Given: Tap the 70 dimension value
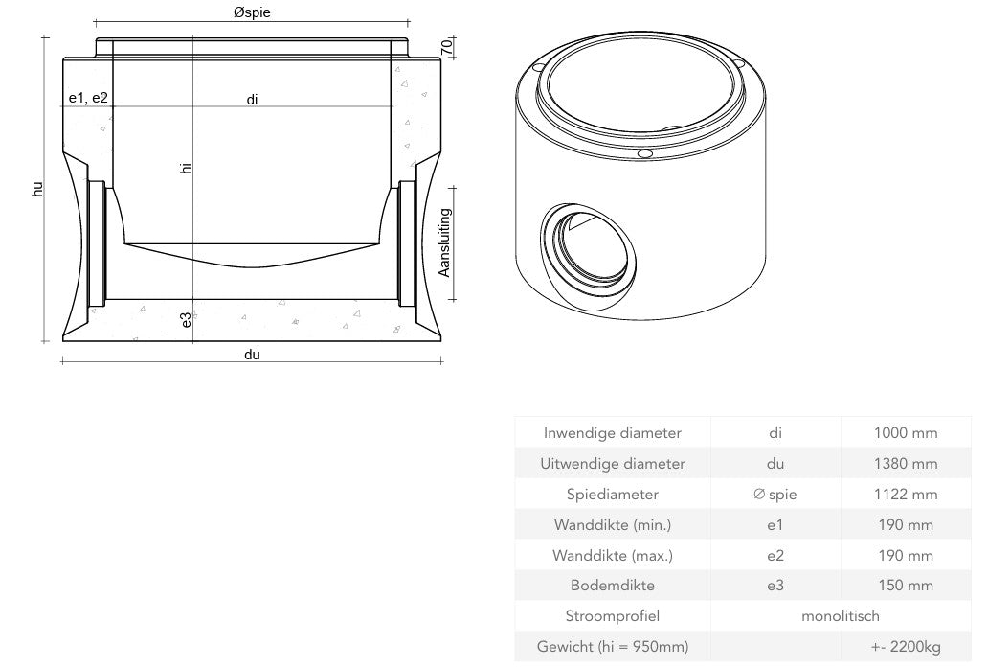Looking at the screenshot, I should coord(446,46).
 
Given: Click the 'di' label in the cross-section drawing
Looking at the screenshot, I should coord(252,99).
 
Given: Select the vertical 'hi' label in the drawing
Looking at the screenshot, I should coord(186,167).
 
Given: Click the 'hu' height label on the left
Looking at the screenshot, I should coord(37,189).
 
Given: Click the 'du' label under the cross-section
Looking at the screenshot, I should coord(252,355).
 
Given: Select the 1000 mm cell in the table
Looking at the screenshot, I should coord(905,433).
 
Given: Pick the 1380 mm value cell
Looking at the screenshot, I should coord(905,464).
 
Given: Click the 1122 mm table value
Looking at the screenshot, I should coord(905,495).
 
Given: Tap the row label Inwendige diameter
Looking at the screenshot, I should coord(613,433).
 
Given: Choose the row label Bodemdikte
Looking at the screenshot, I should coord(613,586).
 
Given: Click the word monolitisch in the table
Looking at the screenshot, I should coord(840,615).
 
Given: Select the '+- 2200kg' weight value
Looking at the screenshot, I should coord(905,646).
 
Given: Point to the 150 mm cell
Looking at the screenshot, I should coord(905,586).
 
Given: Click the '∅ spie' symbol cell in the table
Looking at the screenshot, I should coord(775,495).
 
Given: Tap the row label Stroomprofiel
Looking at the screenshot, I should coord(613,615).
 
